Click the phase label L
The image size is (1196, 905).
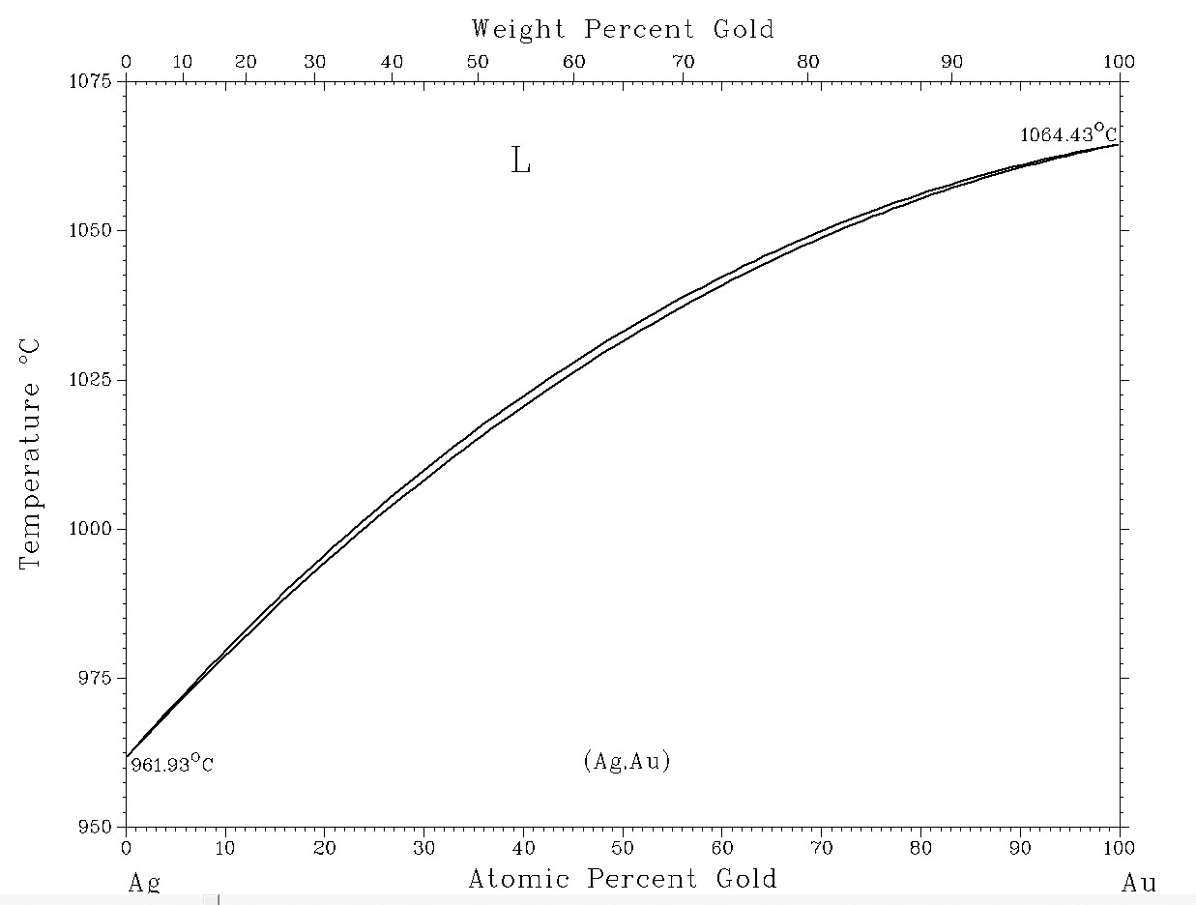click(520, 161)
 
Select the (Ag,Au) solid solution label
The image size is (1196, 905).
click(627, 761)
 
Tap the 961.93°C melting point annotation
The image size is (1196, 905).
click(172, 765)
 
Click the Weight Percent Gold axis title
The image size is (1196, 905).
click(623, 29)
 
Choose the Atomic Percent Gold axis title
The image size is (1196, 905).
click(623, 879)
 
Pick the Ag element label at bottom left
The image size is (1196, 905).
click(144, 883)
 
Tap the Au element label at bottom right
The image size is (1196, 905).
click(1138, 883)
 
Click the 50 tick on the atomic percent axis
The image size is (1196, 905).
click(623, 848)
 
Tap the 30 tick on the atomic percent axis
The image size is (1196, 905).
click(423, 848)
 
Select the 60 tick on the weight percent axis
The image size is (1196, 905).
click(574, 62)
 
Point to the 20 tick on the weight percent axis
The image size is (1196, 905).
click(246, 62)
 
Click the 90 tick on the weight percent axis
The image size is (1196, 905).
click(952, 62)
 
